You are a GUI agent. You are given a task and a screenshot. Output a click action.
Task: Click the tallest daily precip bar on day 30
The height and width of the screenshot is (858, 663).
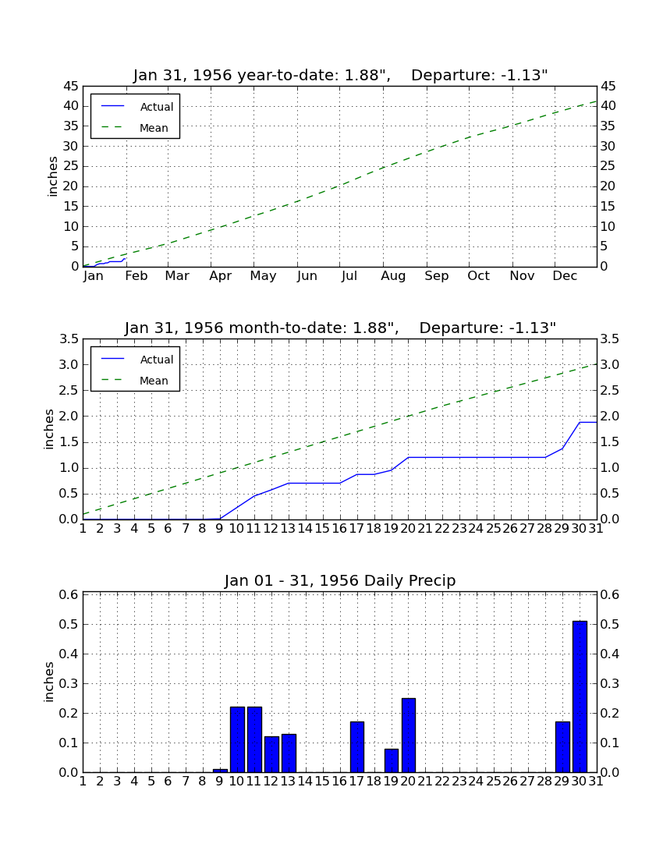580,697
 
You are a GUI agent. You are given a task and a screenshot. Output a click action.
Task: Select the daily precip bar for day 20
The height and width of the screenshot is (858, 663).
409,736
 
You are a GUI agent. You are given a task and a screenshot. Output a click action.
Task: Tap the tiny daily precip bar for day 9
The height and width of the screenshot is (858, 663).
220,771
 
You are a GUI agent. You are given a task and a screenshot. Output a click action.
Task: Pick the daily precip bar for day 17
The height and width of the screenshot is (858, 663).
357,747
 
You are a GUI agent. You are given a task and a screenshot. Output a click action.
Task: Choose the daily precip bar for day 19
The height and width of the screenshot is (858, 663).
392,760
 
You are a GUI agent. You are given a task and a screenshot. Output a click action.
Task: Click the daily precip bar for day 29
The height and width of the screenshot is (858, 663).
562,747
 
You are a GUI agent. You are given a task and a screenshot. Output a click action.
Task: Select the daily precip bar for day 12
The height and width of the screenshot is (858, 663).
272,754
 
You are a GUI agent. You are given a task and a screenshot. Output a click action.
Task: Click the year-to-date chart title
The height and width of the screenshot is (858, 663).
340,75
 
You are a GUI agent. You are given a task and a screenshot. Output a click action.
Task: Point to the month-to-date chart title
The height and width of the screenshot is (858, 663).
340,328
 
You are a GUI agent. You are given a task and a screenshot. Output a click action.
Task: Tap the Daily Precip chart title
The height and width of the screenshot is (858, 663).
340,580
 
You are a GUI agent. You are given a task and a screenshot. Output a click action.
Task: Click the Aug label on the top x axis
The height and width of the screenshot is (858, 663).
393,276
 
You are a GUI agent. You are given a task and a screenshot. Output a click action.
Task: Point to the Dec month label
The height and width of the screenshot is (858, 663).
565,276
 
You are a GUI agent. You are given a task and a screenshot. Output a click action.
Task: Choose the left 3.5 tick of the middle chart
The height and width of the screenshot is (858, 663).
69,339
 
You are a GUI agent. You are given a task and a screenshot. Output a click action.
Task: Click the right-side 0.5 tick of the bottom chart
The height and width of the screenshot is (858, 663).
609,624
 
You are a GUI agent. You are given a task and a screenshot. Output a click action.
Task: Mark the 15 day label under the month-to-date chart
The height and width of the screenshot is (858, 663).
322,529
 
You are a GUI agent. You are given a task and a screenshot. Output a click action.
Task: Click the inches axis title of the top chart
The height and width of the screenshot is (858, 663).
52,177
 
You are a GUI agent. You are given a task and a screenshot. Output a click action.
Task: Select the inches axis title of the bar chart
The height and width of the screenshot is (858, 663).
48,682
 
